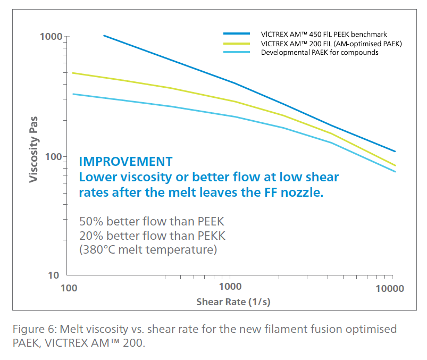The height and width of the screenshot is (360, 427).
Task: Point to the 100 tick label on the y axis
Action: point(53,157)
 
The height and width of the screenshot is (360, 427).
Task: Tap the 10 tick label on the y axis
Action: point(55,275)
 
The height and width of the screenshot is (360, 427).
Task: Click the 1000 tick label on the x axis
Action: point(230,289)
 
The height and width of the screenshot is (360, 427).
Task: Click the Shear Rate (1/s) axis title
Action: point(234,302)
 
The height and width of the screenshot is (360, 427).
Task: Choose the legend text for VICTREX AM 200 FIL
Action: point(331,43)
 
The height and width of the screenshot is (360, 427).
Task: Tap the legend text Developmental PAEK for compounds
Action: point(320,52)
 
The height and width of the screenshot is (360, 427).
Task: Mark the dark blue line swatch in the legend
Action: point(237,34)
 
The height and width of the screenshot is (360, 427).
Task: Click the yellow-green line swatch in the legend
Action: point(237,43)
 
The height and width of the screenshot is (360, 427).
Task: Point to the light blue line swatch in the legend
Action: point(237,52)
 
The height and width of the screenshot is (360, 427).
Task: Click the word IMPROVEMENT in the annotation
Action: point(125,162)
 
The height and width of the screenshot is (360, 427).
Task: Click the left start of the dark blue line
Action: point(104,36)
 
